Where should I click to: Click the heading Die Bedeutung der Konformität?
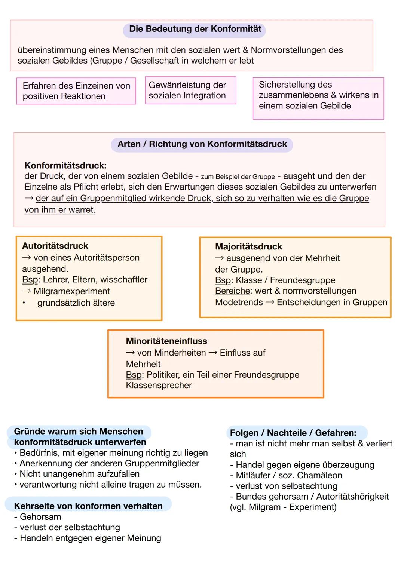coord(195,29)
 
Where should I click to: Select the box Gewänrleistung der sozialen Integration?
coord(190,90)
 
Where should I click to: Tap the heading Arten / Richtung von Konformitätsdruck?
coord(202,144)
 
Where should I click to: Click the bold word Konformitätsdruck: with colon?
coord(65,165)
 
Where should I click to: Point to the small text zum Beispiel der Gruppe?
coord(238,177)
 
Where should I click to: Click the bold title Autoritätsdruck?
coord(55,246)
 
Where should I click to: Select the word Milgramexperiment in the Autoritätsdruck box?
coord(71,291)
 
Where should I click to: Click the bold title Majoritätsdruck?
coord(248,247)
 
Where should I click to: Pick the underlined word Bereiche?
coord(232,291)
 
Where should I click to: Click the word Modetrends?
coord(239,302)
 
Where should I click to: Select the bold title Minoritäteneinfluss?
coord(166,341)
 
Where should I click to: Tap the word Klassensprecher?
coord(159,386)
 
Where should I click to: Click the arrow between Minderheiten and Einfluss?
coord(212,353)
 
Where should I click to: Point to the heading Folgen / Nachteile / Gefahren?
coord(293,433)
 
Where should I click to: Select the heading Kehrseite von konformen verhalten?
coord(88,506)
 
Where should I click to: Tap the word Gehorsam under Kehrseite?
coord(40,517)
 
